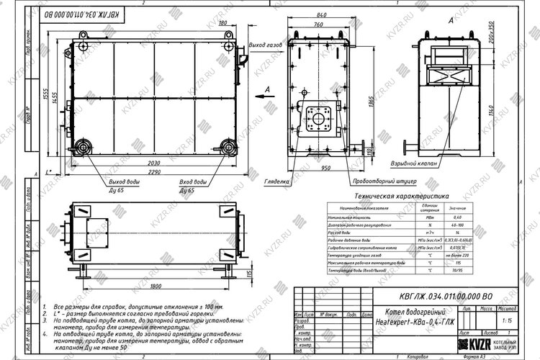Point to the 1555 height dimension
tap(45, 97)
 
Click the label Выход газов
tap(265, 45)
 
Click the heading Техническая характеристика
tap(397, 195)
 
